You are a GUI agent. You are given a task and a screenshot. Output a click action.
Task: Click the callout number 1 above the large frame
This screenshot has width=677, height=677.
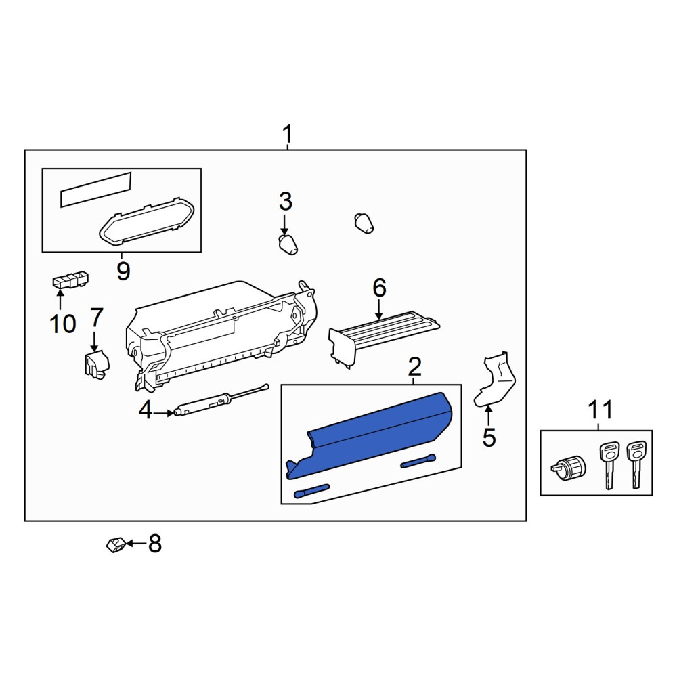287,134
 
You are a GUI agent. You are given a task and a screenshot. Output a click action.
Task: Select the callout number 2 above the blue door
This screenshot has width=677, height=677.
414,367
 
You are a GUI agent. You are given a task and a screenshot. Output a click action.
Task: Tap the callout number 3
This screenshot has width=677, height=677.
286,201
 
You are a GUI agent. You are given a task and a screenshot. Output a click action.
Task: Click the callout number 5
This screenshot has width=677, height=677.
489,437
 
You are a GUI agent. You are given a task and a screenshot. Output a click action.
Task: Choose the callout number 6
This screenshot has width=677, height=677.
379,288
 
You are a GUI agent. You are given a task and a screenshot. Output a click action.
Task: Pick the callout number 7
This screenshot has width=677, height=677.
97,318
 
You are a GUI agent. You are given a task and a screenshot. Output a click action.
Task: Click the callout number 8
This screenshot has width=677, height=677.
155,544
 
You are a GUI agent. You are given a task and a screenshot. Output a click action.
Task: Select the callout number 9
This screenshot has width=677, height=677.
123,271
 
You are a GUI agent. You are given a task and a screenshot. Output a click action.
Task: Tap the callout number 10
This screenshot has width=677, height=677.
63,324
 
